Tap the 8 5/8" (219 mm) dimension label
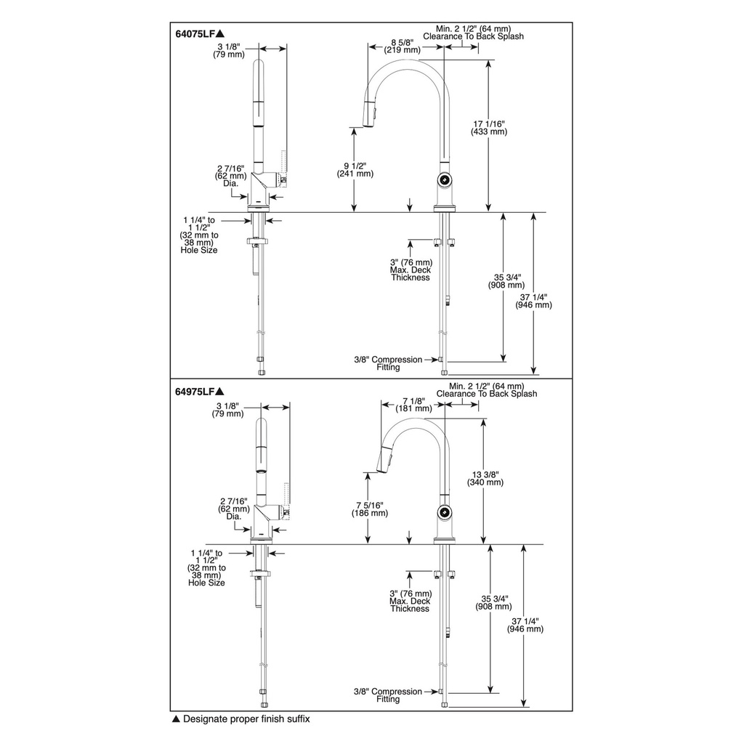pos(403,46)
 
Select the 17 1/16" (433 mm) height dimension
pos(489,128)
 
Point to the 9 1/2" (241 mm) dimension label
pos(355,170)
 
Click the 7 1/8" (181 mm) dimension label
pos(413,405)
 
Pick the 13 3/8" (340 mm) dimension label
pos(485,478)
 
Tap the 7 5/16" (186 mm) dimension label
pos(370,509)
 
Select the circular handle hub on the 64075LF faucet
pos(445,179)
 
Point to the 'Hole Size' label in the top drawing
pos(199,250)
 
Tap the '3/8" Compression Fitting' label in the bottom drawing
pos(388,695)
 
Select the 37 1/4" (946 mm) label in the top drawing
pos(534,302)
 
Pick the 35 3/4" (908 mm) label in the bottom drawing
pos(493,602)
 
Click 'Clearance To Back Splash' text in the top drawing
pos(473,36)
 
